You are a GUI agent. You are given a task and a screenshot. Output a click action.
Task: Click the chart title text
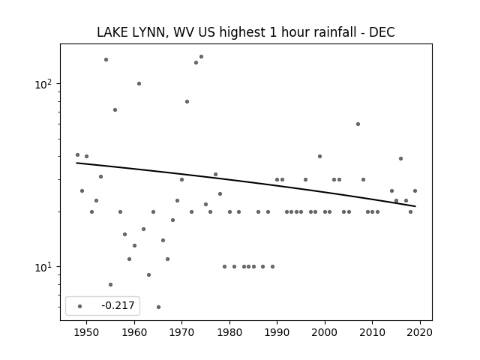coord(246,32)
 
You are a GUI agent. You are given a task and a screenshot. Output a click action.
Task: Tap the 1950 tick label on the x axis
coord(86,332)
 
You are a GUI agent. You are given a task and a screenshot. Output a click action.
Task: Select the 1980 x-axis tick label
coord(229,332)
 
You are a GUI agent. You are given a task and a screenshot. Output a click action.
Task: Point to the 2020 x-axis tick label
coord(420,332)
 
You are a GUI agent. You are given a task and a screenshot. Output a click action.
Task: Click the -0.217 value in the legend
coord(118,305)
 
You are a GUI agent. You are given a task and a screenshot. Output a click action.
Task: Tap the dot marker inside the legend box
coord(80,306)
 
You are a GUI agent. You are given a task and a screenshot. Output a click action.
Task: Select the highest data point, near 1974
coord(201,57)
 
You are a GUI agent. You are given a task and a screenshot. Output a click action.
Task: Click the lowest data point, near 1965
coord(158,307)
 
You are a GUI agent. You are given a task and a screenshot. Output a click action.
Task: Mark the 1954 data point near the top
coord(106,60)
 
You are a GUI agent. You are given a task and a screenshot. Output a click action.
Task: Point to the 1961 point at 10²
coord(139,83)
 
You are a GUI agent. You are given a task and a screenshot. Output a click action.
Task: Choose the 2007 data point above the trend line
coord(358,124)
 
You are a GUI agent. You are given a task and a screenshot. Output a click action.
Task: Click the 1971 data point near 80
coord(187,102)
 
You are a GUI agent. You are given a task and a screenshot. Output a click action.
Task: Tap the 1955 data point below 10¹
coord(110,285)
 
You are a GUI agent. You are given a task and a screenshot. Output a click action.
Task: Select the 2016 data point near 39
coord(400,158)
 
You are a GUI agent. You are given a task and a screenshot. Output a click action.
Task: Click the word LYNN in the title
coord(150,32)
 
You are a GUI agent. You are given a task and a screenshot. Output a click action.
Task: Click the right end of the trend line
coord(415,206)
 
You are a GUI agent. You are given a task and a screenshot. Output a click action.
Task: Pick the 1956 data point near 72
coord(115,110)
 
